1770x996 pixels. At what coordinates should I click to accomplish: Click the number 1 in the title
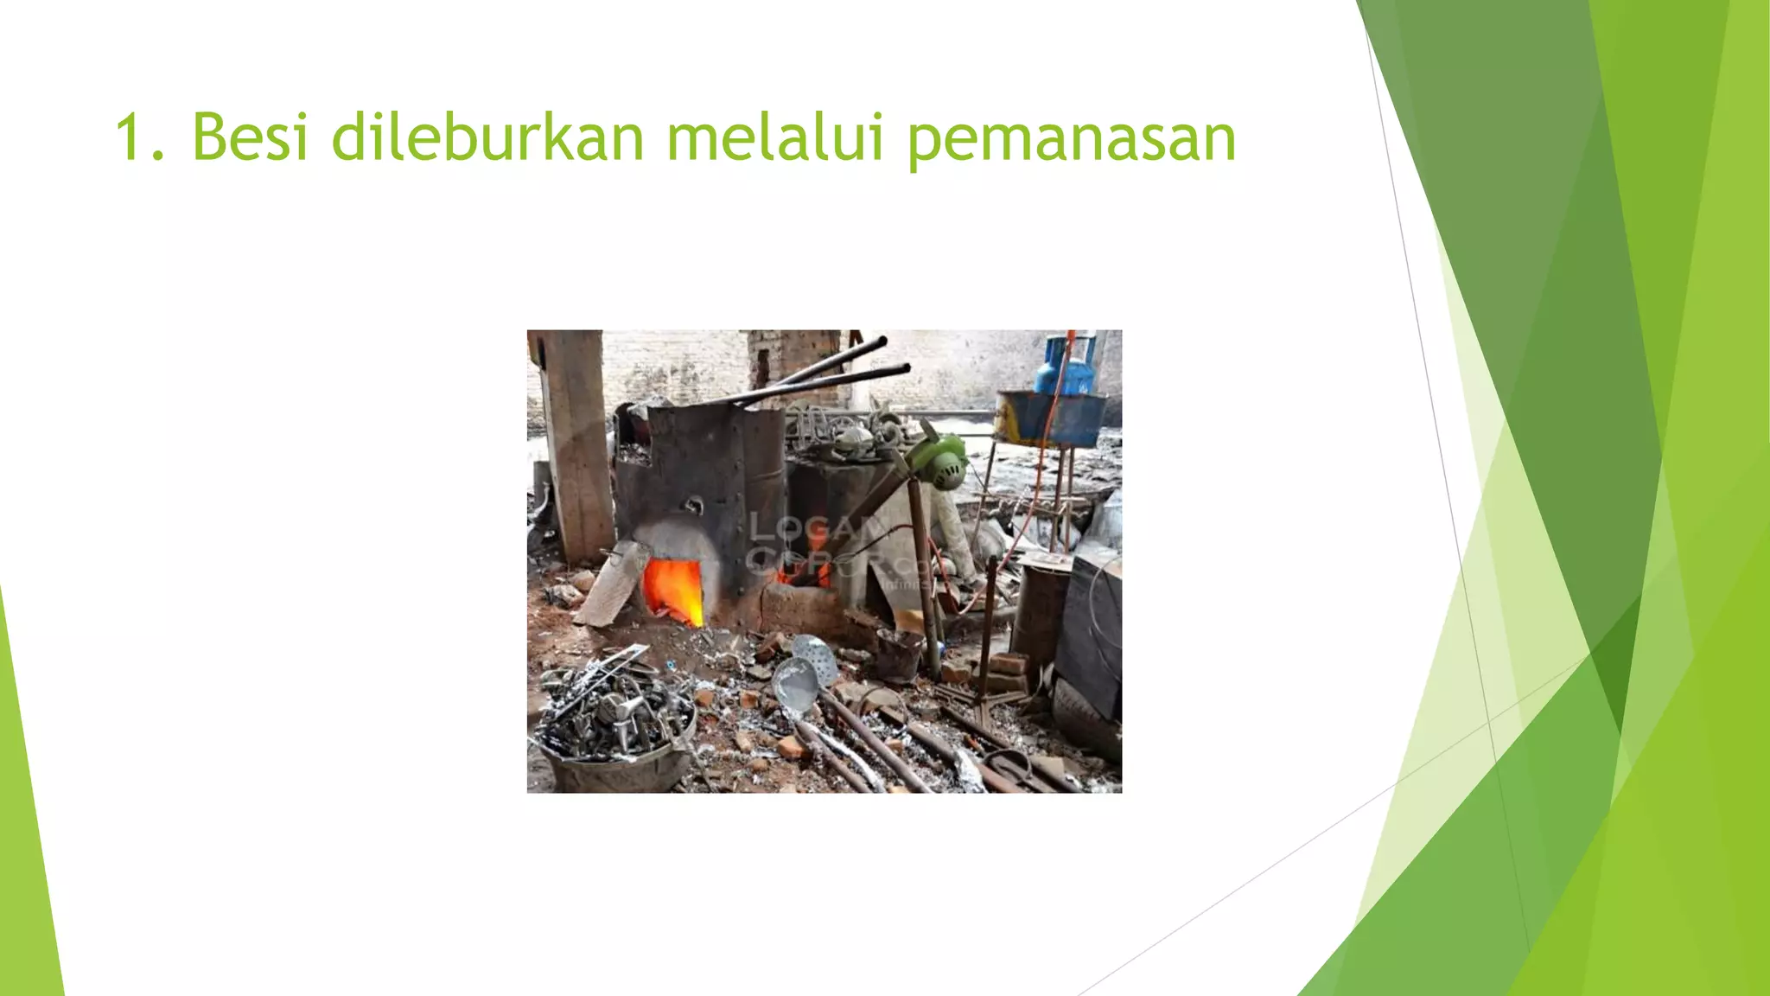(x=130, y=137)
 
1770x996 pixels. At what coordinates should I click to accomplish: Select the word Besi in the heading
(x=250, y=137)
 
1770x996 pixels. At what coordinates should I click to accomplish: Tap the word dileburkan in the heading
(x=487, y=137)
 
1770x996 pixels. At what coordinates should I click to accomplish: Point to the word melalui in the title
(x=774, y=137)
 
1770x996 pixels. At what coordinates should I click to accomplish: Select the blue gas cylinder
(x=1068, y=367)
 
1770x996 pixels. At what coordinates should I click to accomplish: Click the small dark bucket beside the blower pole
(x=899, y=654)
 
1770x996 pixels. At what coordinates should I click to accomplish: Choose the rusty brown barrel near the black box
(x=1040, y=609)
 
